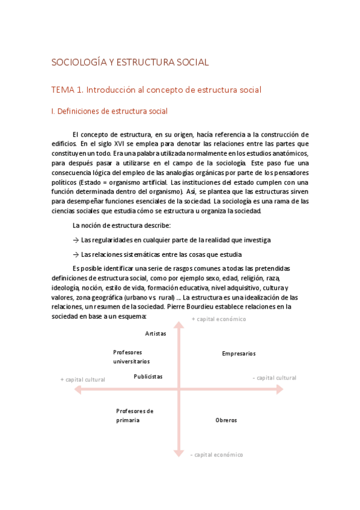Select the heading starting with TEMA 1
point(156,90)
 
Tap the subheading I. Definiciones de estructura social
point(109,111)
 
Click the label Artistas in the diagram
point(155,333)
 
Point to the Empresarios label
point(239,354)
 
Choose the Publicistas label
point(148,376)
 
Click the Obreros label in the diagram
point(226,420)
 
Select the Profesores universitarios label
point(131,357)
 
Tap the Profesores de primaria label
point(135,416)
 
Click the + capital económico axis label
point(219,319)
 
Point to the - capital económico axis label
point(216,455)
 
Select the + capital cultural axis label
point(83,379)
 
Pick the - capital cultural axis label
point(275,378)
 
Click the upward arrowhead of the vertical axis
point(178,326)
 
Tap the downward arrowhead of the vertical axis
point(178,453)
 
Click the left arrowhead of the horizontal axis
point(77,390)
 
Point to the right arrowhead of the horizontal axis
point(280,390)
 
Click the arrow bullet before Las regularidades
point(76,240)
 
